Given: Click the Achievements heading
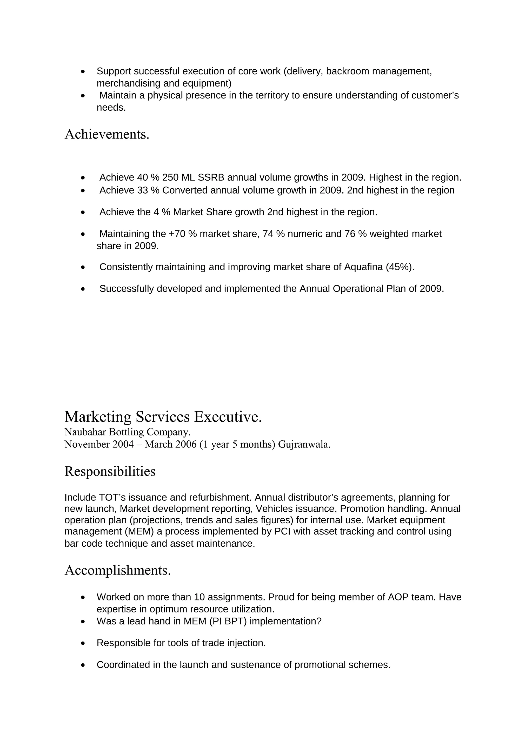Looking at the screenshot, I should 107,135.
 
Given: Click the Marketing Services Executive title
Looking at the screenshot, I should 163,417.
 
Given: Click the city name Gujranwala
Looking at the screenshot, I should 304,444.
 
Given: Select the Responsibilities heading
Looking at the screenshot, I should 110,472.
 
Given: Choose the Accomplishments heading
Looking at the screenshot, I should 117,570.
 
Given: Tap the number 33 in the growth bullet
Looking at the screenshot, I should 143,190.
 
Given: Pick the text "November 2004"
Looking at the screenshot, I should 99,444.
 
